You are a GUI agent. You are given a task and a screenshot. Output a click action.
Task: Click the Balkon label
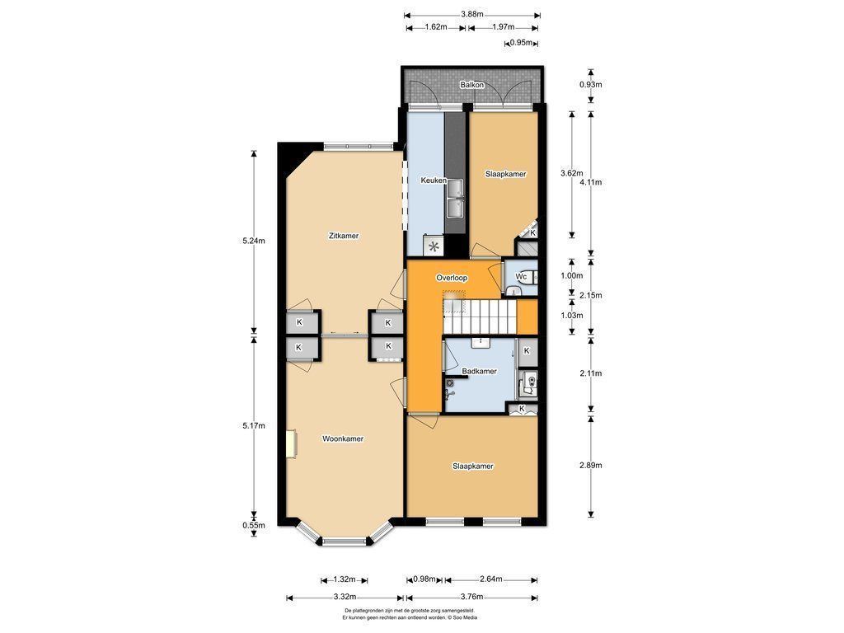pyautogui.click(x=471, y=85)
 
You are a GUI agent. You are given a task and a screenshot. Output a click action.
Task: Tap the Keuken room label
pyautogui.click(x=434, y=181)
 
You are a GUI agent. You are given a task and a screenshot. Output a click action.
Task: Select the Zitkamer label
pyautogui.click(x=344, y=236)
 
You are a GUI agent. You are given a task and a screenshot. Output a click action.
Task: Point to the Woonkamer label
pyautogui.click(x=342, y=438)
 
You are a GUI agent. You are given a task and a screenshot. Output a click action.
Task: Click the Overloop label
pyautogui.click(x=452, y=278)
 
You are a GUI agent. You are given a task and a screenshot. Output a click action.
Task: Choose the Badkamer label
pyautogui.click(x=479, y=371)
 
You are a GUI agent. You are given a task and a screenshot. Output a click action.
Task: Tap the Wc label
pyautogui.click(x=521, y=277)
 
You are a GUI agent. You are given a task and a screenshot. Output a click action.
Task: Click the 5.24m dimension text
pyautogui.click(x=254, y=241)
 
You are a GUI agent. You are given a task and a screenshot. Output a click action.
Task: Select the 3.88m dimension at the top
pyautogui.click(x=471, y=15)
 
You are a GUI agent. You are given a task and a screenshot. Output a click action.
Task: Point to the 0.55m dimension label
pyautogui.click(x=254, y=525)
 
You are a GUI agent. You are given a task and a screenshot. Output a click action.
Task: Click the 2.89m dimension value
pyautogui.click(x=590, y=465)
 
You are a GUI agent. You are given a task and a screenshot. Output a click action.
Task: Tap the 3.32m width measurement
pyautogui.click(x=345, y=597)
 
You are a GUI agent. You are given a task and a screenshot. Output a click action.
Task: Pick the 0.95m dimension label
pyautogui.click(x=521, y=43)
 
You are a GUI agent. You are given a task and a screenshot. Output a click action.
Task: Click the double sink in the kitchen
pyautogui.click(x=455, y=199)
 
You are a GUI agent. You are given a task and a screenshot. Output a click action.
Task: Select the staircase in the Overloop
pyautogui.click(x=480, y=316)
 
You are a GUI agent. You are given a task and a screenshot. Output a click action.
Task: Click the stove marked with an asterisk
pyautogui.click(x=434, y=247)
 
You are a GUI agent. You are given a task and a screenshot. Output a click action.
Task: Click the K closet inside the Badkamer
pyautogui.click(x=527, y=351)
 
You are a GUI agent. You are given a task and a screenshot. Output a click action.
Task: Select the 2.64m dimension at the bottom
pyautogui.click(x=490, y=579)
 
